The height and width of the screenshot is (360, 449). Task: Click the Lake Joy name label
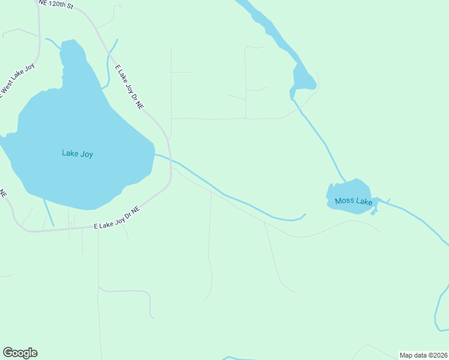(x=77, y=154)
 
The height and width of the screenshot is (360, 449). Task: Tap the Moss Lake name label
(x=354, y=201)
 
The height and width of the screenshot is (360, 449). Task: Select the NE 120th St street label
(x=55, y=4)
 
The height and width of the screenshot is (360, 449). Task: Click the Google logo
(x=20, y=353)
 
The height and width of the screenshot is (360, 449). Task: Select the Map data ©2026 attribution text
(x=423, y=355)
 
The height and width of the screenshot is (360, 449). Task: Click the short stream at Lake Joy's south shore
(x=48, y=212)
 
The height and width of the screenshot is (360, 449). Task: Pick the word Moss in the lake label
(x=345, y=201)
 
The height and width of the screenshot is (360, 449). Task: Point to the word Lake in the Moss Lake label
(x=364, y=201)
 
